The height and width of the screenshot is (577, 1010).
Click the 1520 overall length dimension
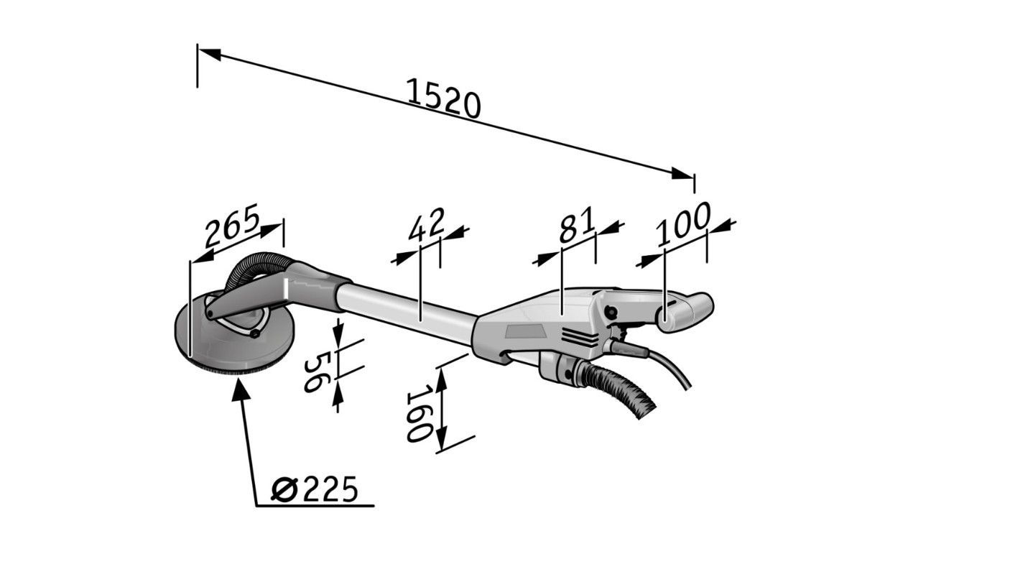point(443,98)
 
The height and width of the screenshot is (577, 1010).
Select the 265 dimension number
point(233,225)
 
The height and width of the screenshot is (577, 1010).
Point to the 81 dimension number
point(577,225)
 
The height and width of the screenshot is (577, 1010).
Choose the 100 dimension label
point(682,223)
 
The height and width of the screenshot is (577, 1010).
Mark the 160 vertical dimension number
point(417,412)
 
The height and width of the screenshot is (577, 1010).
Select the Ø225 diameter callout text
point(314,489)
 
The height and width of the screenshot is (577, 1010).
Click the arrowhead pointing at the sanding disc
point(241,389)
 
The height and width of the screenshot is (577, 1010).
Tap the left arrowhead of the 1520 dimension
point(209,53)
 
